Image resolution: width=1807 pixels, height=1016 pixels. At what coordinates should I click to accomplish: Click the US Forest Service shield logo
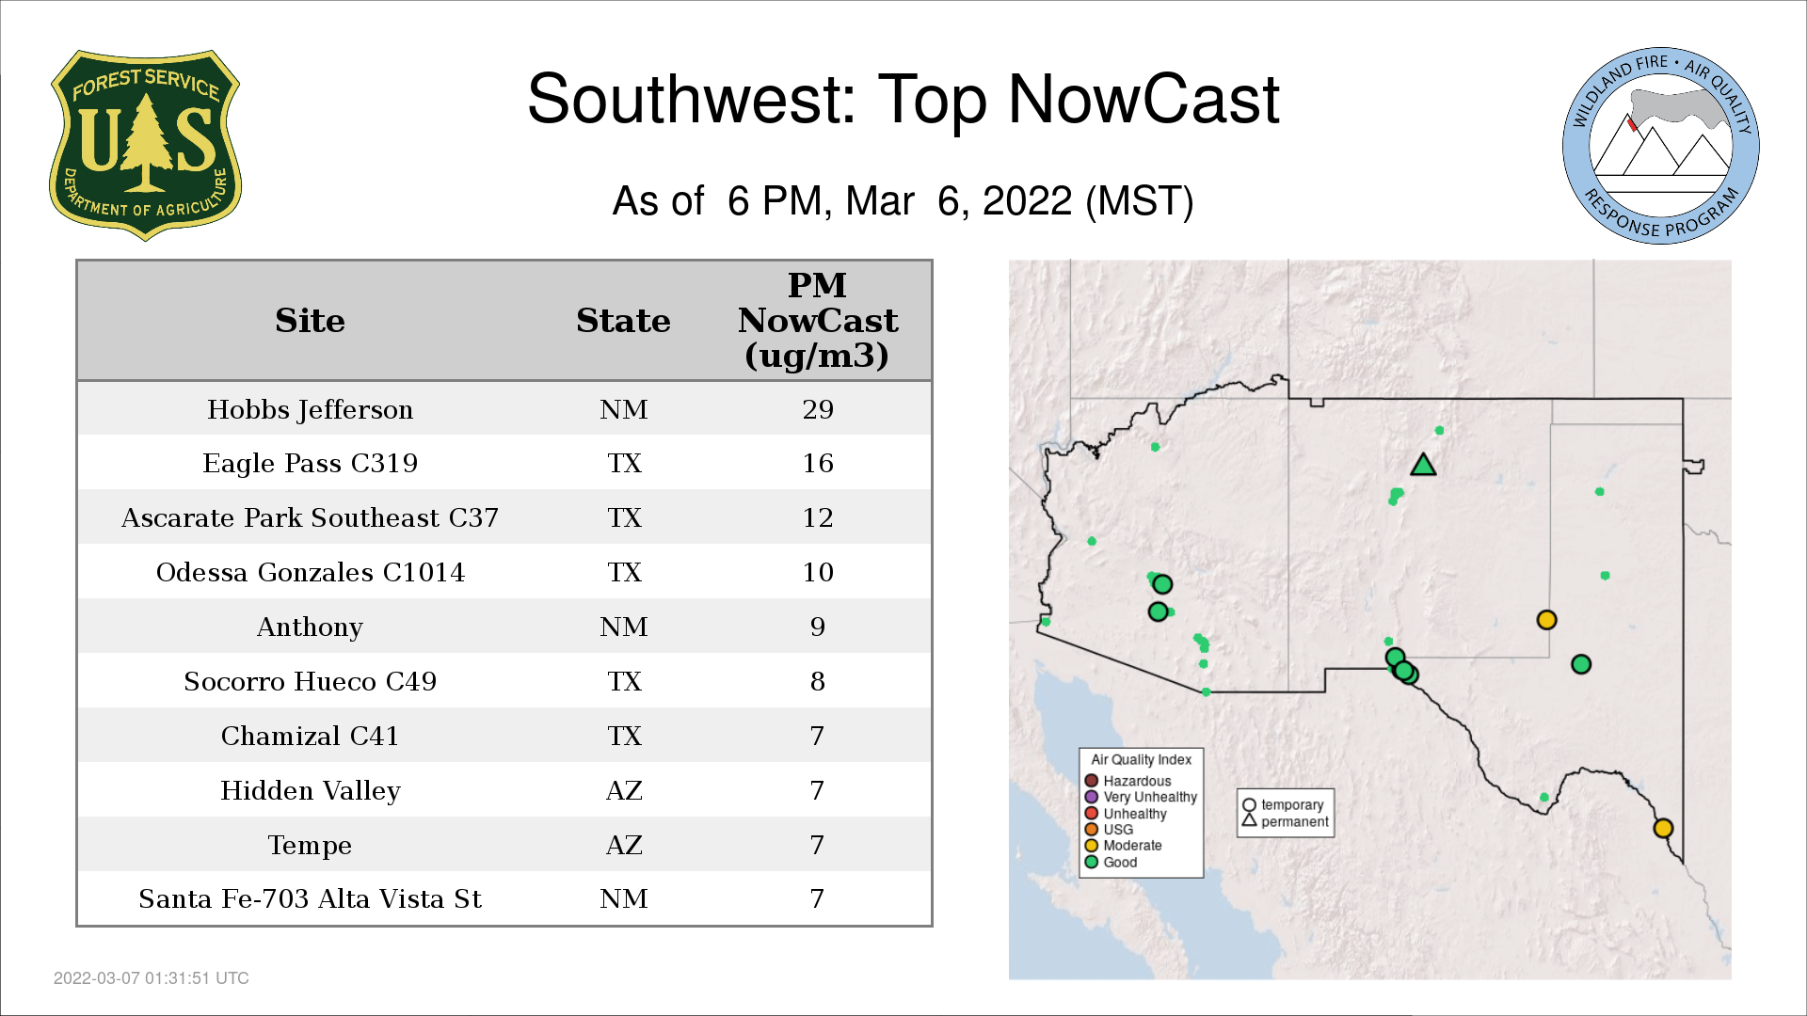coord(145,146)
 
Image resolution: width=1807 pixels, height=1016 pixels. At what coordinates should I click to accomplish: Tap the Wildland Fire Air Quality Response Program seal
coord(1661,146)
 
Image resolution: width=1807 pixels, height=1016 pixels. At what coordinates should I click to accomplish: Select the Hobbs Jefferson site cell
coord(310,409)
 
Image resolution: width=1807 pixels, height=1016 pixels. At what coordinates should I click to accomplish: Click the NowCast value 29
coord(818,409)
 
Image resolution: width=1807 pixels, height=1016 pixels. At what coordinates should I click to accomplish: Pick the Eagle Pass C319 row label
coord(310,463)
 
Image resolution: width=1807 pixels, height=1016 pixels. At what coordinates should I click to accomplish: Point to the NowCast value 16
coord(818,463)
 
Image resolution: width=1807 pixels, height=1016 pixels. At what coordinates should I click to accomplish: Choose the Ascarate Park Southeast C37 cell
coord(310,517)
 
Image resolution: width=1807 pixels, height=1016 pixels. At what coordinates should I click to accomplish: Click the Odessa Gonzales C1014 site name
coord(310,572)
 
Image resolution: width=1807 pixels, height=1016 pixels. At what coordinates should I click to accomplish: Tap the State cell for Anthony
coord(624,627)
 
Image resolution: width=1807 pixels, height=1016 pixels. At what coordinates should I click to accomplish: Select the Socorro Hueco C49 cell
coord(310,681)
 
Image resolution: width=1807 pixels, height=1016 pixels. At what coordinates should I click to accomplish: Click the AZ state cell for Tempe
coord(624,845)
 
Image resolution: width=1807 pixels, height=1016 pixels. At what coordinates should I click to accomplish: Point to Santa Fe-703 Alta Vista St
coord(310,898)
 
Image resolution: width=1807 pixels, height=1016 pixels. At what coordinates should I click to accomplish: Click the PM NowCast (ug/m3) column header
coord(818,320)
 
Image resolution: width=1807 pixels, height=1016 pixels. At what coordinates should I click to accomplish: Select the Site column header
coord(310,321)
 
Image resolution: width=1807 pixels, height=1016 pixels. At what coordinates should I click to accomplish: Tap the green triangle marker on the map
coord(1423,466)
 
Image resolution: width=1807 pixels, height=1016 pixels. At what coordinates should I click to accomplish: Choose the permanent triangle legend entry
coord(1285,821)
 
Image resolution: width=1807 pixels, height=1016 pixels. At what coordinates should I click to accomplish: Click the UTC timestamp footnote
coord(152,978)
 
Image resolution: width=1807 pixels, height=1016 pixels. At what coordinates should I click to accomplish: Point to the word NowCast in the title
coord(1143,99)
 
